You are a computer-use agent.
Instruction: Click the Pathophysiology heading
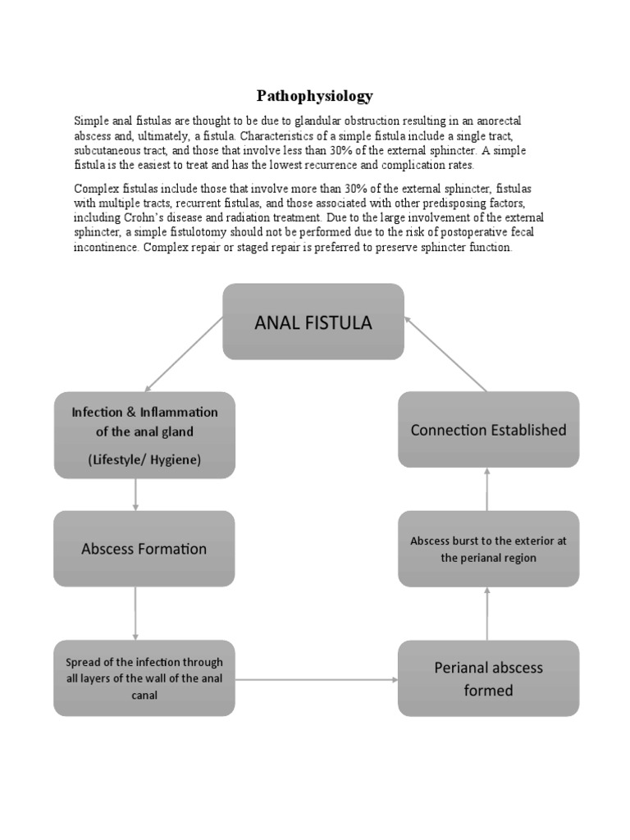(x=314, y=96)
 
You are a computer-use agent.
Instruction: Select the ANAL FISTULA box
(x=313, y=322)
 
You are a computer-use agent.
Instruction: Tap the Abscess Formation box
(x=144, y=549)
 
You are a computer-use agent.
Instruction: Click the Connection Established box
(x=488, y=430)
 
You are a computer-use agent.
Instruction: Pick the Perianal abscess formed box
(x=488, y=678)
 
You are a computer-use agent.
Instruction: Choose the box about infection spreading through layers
(x=144, y=678)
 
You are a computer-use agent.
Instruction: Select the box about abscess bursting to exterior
(x=488, y=549)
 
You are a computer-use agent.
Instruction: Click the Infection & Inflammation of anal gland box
(x=144, y=435)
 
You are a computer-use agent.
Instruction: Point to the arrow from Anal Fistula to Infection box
(x=184, y=354)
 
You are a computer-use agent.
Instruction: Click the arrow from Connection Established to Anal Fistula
(x=446, y=354)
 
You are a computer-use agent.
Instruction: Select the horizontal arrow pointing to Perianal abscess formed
(x=316, y=679)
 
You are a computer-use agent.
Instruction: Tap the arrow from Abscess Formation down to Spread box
(x=135, y=613)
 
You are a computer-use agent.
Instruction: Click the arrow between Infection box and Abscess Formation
(x=135, y=495)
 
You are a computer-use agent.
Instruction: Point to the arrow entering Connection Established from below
(x=487, y=489)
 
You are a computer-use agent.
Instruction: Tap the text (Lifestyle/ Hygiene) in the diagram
(x=144, y=460)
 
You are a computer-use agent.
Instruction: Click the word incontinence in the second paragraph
(x=106, y=247)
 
